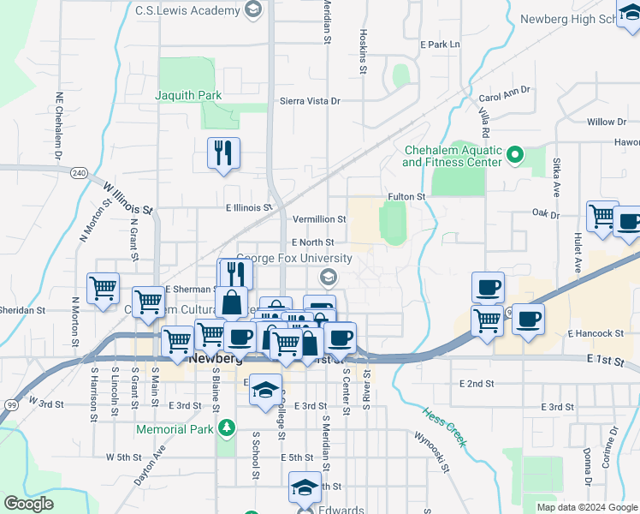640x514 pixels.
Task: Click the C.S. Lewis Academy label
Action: pyautogui.click(x=187, y=10)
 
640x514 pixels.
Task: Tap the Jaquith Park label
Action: pyautogui.click(x=188, y=95)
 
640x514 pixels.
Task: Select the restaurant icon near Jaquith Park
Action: pyautogui.click(x=223, y=153)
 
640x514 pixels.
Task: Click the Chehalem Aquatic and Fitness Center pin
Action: pyautogui.click(x=514, y=156)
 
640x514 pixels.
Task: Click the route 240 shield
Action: pyautogui.click(x=79, y=172)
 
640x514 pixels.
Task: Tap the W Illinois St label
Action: pyautogui.click(x=127, y=198)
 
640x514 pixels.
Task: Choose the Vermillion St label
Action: pyautogui.click(x=319, y=219)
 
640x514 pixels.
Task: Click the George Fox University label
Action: pyautogui.click(x=293, y=258)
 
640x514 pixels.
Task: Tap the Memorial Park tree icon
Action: pyautogui.click(x=227, y=427)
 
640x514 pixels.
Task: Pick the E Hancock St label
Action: pyautogui.click(x=595, y=333)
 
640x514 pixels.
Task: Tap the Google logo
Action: pyautogui.click(x=27, y=504)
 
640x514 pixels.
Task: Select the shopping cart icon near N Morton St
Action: pyautogui.click(x=103, y=288)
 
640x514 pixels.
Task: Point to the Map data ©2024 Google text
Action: pyautogui.click(x=587, y=507)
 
